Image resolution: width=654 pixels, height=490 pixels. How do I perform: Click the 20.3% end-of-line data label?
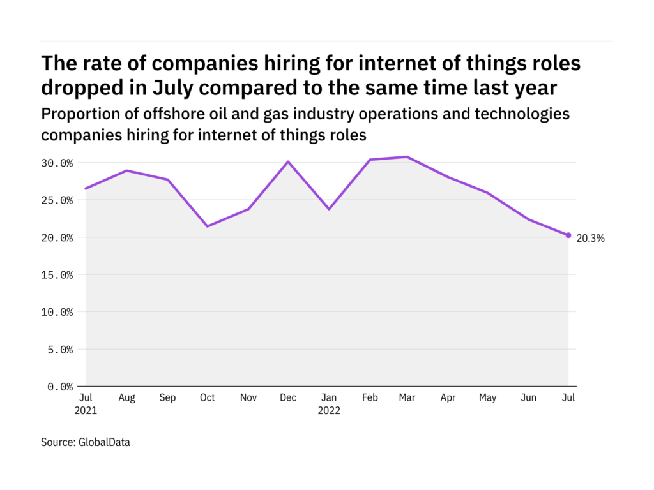coord(589,238)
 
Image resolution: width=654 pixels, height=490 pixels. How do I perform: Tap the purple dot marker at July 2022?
coord(568,235)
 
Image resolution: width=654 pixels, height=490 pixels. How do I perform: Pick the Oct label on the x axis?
coord(207,398)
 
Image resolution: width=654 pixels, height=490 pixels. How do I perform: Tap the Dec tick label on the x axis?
coord(288,398)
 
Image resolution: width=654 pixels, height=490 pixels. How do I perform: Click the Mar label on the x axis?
coord(407,398)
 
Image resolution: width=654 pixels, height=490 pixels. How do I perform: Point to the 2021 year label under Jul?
coord(86,411)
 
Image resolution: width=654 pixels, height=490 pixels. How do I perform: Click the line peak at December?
coord(288,161)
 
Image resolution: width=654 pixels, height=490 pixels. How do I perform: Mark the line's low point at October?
coord(208,226)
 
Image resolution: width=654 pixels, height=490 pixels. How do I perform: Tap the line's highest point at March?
coord(407,157)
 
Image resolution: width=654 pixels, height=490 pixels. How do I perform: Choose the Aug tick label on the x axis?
coord(126,398)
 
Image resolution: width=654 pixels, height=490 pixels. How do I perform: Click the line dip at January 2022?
coord(328,209)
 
